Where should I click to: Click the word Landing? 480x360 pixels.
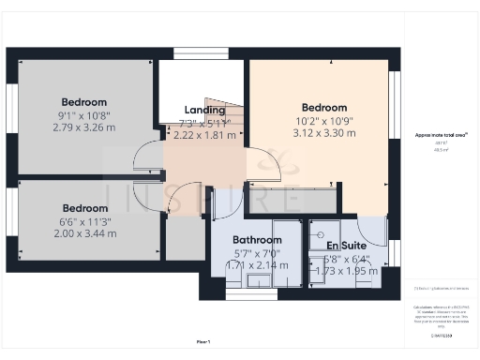[x=203, y=110]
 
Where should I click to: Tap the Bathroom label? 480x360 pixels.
[x=257, y=240]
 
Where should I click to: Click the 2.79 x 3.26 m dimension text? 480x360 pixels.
[x=84, y=127]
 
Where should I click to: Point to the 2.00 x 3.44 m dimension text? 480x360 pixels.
[x=84, y=233]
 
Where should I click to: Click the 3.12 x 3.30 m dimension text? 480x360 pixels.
[x=323, y=133]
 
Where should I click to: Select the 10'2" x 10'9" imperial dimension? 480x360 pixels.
[x=323, y=121]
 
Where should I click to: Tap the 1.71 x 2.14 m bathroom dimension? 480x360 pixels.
[x=257, y=266]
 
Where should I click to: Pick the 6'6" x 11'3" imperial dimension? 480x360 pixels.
[x=84, y=221]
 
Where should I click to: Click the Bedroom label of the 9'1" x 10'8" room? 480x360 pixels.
[x=84, y=101]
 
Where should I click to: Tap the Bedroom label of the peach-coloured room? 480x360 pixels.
[x=323, y=108]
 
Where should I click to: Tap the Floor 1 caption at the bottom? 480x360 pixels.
[x=202, y=340]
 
